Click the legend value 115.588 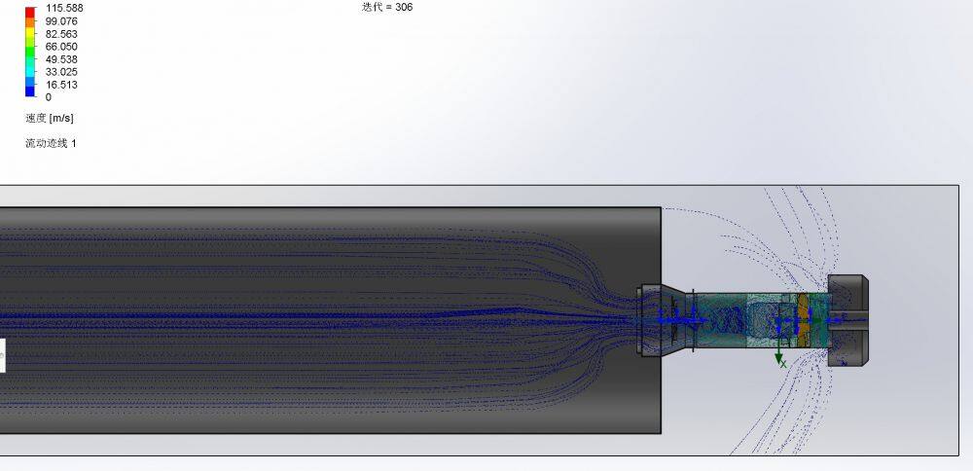click(64, 8)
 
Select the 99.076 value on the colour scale click(61, 21)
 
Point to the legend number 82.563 click(61, 34)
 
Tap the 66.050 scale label click(61, 47)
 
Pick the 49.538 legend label click(61, 59)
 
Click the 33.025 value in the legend click(61, 72)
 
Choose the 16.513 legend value click(61, 85)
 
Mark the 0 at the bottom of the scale click(49, 97)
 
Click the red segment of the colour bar click(30, 12)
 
